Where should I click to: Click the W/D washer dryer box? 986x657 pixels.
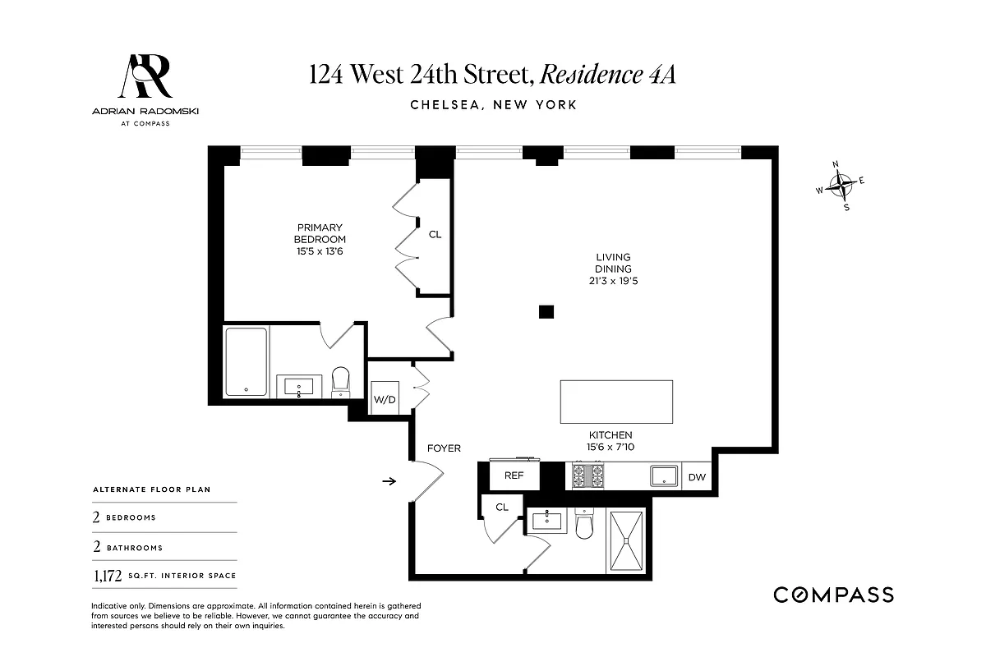(x=385, y=400)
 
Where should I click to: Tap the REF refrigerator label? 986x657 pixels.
(x=514, y=476)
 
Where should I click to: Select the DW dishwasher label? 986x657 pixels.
(x=696, y=476)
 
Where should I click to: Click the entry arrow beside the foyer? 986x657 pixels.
(x=389, y=481)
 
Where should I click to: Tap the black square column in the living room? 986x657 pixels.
(x=546, y=311)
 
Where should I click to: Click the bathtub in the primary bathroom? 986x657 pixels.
(x=246, y=362)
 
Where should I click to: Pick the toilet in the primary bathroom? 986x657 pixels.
(x=340, y=382)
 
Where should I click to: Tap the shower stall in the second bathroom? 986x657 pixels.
(x=627, y=540)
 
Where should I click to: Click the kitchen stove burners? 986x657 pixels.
(x=588, y=476)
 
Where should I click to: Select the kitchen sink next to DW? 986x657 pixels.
(x=664, y=476)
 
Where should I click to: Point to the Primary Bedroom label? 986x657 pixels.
(x=320, y=239)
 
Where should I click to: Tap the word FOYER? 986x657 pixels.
(x=444, y=448)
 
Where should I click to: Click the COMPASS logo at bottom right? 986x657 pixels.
(x=833, y=595)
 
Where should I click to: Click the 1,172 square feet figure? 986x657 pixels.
(x=106, y=577)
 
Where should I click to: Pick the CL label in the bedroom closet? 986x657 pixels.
(x=435, y=234)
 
